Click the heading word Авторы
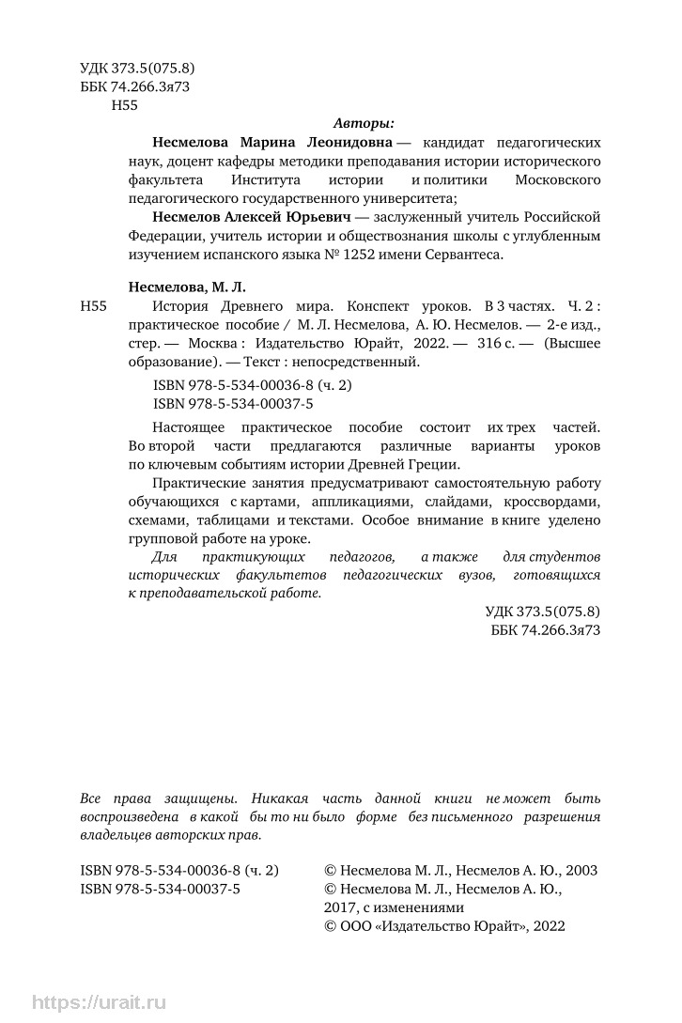click(x=364, y=123)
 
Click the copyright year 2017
click(x=340, y=907)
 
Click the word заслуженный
click(x=397, y=216)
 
